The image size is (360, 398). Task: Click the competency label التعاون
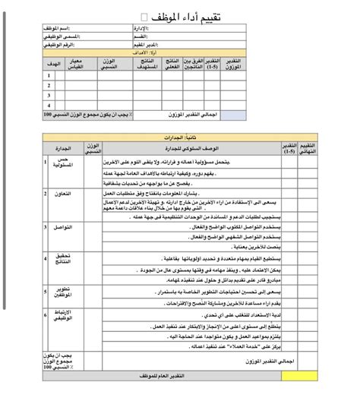[62, 195]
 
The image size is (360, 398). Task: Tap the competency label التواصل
[62, 227]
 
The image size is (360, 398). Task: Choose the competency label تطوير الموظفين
[62, 293]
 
